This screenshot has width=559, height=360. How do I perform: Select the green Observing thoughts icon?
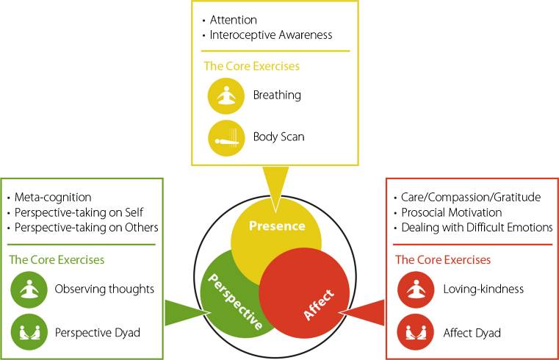(26, 289)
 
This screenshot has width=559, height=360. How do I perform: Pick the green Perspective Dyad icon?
(26, 332)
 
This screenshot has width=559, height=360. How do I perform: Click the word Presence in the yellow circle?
(276, 226)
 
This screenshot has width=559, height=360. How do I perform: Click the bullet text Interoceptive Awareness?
(271, 35)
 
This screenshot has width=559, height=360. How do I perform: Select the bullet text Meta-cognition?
(53, 198)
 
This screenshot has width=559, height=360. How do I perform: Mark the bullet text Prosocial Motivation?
(451, 212)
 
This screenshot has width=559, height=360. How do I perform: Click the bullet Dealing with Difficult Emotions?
(477, 228)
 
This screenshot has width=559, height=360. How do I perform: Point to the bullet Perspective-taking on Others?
(86, 227)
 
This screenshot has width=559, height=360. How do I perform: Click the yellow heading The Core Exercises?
(251, 66)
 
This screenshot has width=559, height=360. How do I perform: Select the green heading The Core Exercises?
(57, 260)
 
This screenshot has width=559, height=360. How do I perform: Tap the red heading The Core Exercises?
(443, 260)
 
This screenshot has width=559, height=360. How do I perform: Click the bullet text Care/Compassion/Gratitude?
(470, 198)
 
